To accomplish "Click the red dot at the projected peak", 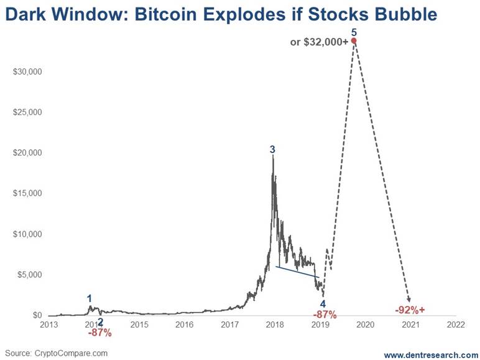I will pyautogui.click(x=354, y=41).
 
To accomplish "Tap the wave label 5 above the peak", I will pyautogui.click(x=354, y=32).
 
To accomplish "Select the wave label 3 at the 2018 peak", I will pyautogui.click(x=272, y=149).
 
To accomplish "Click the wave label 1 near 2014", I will pyautogui.click(x=90, y=298).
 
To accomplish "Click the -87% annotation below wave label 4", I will pyautogui.click(x=325, y=314).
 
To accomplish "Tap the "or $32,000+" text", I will pyautogui.click(x=319, y=42).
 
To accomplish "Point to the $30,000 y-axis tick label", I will pyautogui.click(x=27, y=72).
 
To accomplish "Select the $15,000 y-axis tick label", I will pyautogui.click(x=27, y=193).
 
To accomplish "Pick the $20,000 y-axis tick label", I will pyautogui.click(x=27, y=153).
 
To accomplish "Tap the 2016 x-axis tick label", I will pyautogui.click(x=184, y=325).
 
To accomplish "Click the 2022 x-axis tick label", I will pyautogui.click(x=456, y=325).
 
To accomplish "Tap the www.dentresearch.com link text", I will pyautogui.click(x=431, y=354).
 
